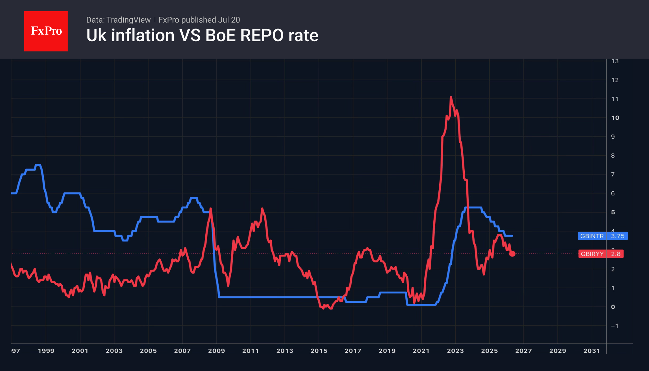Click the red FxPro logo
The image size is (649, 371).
[x=46, y=31]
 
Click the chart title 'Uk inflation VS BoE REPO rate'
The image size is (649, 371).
[x=202, y=35]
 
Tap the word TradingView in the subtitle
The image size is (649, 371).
[x=128, y=20]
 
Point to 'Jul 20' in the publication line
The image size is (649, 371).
[x=229, y=20]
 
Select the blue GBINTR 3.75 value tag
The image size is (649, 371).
[x=603, y=236]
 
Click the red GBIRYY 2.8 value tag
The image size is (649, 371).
[x=601, y=254]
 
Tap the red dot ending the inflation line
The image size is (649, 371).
[x=512, y=254]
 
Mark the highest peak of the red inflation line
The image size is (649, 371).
[x=451, y=97]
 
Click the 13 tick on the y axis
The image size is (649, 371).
[x=615, y=61]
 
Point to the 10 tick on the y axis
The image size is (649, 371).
[x=615, y=118]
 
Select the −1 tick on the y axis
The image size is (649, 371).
[x=615, y=326]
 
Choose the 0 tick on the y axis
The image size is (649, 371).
[x=613, y=307]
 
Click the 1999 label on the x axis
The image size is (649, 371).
[x=46, y=351]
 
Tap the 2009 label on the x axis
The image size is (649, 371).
[x=217, y=351]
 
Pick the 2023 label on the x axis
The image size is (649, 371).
[x=455, y=351]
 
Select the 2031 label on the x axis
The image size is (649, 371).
[x=592, y=351]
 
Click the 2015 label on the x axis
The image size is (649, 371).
[x=319, y=351]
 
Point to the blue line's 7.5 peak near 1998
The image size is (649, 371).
[x=38, y=165]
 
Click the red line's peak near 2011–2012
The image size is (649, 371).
[x=262, y=209]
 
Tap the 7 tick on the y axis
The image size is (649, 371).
[x=613, y=175]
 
